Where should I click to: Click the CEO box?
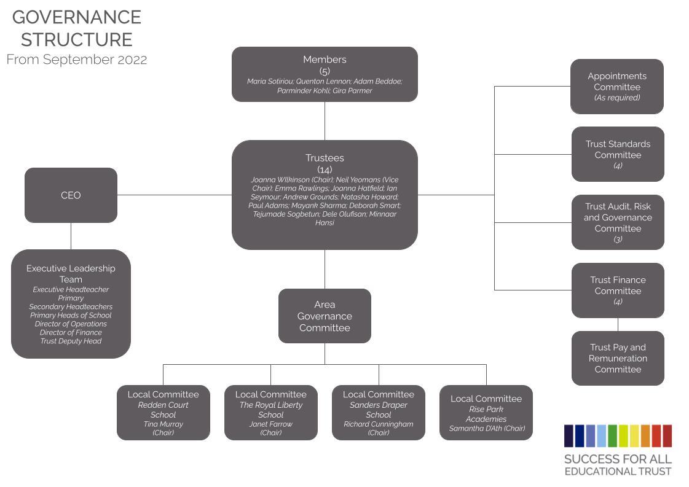click(71, 195)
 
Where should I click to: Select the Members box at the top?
click(325, 74)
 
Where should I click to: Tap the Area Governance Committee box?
click(325, 316)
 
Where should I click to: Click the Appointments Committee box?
click(617, 87)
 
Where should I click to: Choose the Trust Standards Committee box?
click(618, 154)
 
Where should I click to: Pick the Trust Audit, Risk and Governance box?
click(618, 222)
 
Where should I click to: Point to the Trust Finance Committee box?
click(618, 290)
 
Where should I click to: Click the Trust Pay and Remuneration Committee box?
click(618, 358)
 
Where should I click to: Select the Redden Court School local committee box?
click(163, 413)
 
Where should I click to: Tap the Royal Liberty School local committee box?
click(270, 413)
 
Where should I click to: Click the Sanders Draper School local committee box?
click(379, 413)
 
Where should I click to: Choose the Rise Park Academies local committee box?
click(486, 413)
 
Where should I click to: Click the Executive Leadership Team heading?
click(71, 274)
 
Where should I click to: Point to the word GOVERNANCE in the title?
click(77, 17)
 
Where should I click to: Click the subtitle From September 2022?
click(77, 60)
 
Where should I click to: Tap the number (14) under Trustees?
click(325, 169)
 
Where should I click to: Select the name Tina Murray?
click(163, 424)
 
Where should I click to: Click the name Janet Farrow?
click(270, 424)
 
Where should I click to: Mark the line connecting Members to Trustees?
click(325, 121)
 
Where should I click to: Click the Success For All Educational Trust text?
click(618, 464)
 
